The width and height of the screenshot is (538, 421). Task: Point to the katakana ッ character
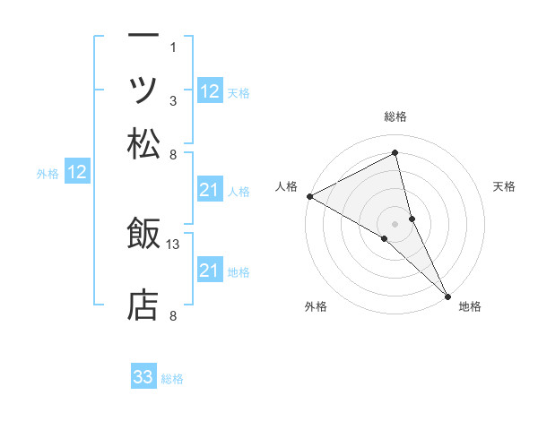point(143,90)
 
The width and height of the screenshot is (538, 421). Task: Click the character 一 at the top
point(143,37)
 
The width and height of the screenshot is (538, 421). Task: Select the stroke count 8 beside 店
point(173,314)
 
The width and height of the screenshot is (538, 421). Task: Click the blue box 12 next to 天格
point(210,91)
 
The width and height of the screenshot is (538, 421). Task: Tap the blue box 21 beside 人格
point(210,190)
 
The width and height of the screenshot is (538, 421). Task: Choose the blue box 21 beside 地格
point(210,271)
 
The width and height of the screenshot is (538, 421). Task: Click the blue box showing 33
point(143,377)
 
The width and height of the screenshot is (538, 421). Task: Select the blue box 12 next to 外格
point(77,173)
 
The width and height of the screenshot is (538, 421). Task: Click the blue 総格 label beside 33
point(172,379)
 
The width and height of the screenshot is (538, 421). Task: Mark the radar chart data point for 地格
point(447,294)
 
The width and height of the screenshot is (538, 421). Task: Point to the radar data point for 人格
point(309,195)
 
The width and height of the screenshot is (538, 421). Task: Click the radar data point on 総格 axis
point(395,152)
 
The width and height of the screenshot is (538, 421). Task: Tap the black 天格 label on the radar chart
point(504,186)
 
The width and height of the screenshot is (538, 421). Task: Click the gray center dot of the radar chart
point(395,223)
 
